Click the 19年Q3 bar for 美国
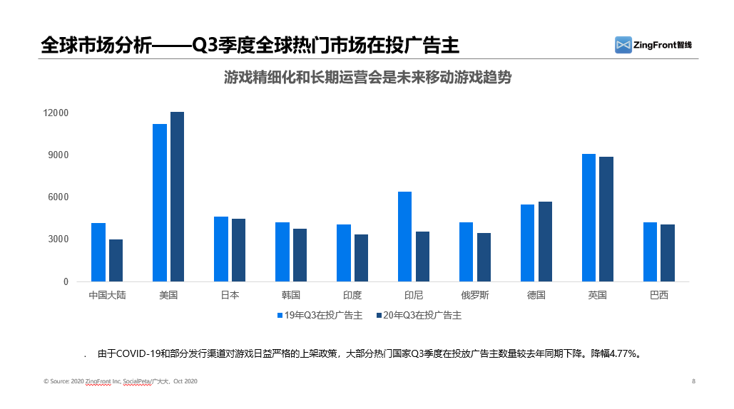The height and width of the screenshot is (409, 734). (160, 203)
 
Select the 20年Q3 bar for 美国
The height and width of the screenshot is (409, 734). (177, 197)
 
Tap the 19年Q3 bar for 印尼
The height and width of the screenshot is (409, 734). (404, 237)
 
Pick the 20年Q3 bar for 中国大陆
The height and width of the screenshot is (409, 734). (116, 260)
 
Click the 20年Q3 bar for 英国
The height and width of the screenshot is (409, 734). (606, 219)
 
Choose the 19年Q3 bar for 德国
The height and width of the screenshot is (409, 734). (527, 243)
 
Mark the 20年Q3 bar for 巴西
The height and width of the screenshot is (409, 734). (667, 253)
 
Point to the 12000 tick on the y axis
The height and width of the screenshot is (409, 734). (56, 113)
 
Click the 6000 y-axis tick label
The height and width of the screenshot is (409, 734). (58, 197)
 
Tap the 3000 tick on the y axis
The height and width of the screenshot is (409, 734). (58, 239)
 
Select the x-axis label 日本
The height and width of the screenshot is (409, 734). (229, 295)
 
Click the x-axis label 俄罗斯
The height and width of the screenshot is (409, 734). (474, 295)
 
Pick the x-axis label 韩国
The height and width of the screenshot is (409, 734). (290, 295)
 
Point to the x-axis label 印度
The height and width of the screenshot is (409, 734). (352, 295)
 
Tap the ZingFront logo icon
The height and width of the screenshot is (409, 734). (623, 45)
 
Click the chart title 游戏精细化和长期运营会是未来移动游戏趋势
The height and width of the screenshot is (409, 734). (367, 78)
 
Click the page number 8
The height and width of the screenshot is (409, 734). (693, 382)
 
